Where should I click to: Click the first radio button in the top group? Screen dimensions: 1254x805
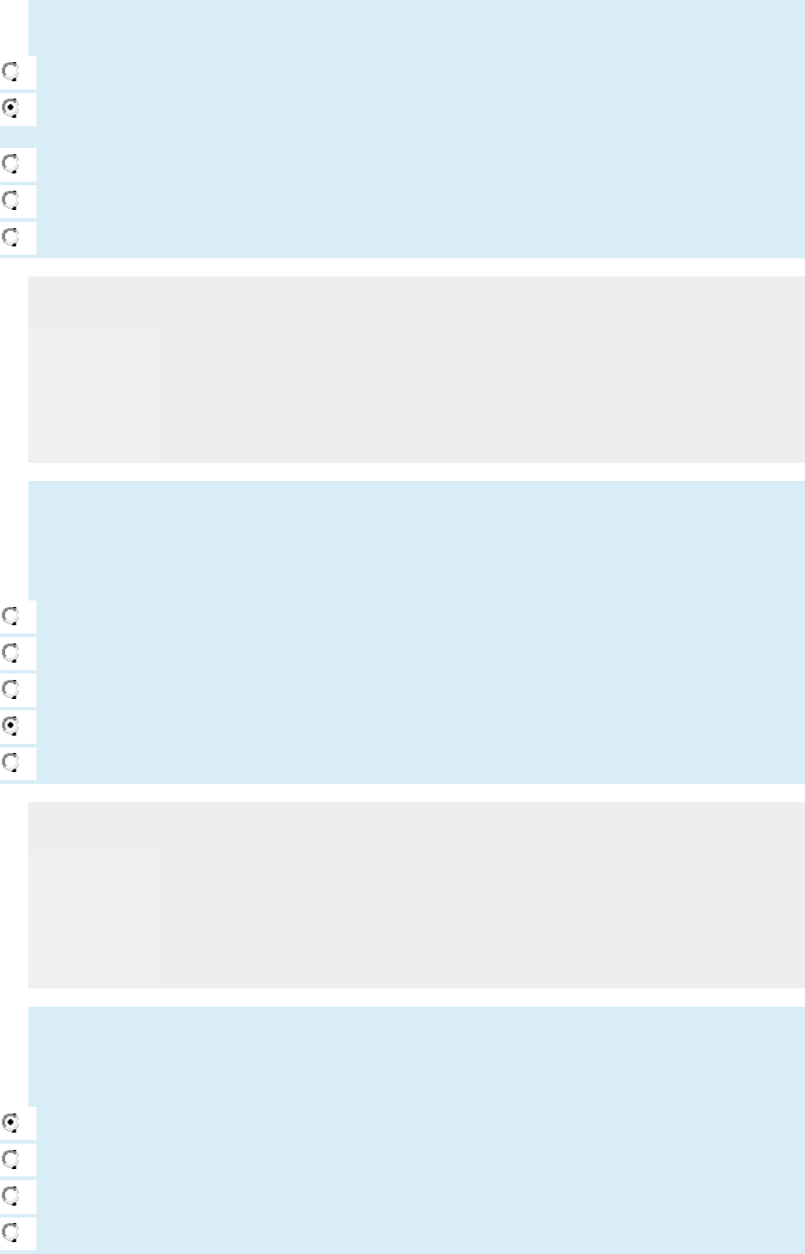[11, 71]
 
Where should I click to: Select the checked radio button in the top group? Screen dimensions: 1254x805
[11, 108]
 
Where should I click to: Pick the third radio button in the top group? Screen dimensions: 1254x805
[11, 164]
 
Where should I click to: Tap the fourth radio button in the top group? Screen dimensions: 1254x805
[11, 200]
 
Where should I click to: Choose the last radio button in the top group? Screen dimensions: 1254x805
[11, 237]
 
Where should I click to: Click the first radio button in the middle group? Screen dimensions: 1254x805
[11, 616]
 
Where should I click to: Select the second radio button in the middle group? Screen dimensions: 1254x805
[11, 653]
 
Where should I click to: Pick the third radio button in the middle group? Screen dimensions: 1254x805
[11, 689]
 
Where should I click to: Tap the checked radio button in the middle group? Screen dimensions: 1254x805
[11, 726]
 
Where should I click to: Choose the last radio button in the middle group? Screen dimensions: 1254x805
[11, 762]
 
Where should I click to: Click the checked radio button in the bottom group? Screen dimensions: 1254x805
[11, 1123]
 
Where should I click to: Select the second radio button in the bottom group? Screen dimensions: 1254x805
[11, 1159]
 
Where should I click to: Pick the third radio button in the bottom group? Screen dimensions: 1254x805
[11, 1196]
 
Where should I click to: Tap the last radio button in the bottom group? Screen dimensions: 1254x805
[11, 1233]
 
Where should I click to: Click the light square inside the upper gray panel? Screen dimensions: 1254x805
[94, 394]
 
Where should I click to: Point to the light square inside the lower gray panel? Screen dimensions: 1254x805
[94, 920]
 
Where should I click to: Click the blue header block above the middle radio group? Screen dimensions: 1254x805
[416, 539]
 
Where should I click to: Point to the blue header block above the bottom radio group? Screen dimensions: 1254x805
[416, 1056]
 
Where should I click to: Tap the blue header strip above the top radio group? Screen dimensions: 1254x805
[416, 27]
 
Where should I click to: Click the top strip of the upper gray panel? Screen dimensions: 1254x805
[416, 302]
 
